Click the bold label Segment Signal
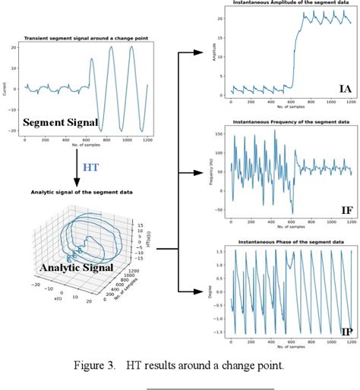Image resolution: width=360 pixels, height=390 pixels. point(54,122)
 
